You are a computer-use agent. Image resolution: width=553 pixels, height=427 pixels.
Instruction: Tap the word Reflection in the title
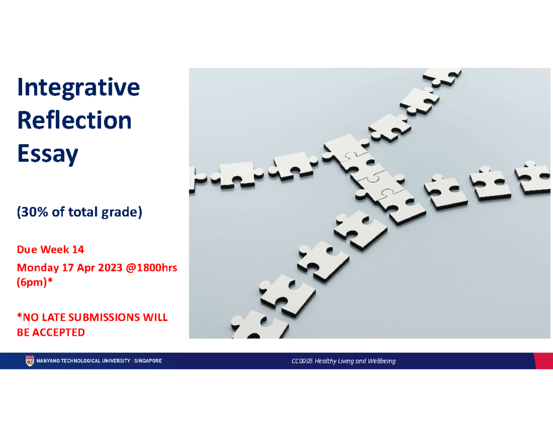74,121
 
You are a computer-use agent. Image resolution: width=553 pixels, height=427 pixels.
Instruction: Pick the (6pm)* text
35,284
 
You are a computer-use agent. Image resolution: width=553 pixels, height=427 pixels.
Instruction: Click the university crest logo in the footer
29,361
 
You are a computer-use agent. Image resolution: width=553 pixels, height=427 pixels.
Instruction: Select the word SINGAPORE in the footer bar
147,361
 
